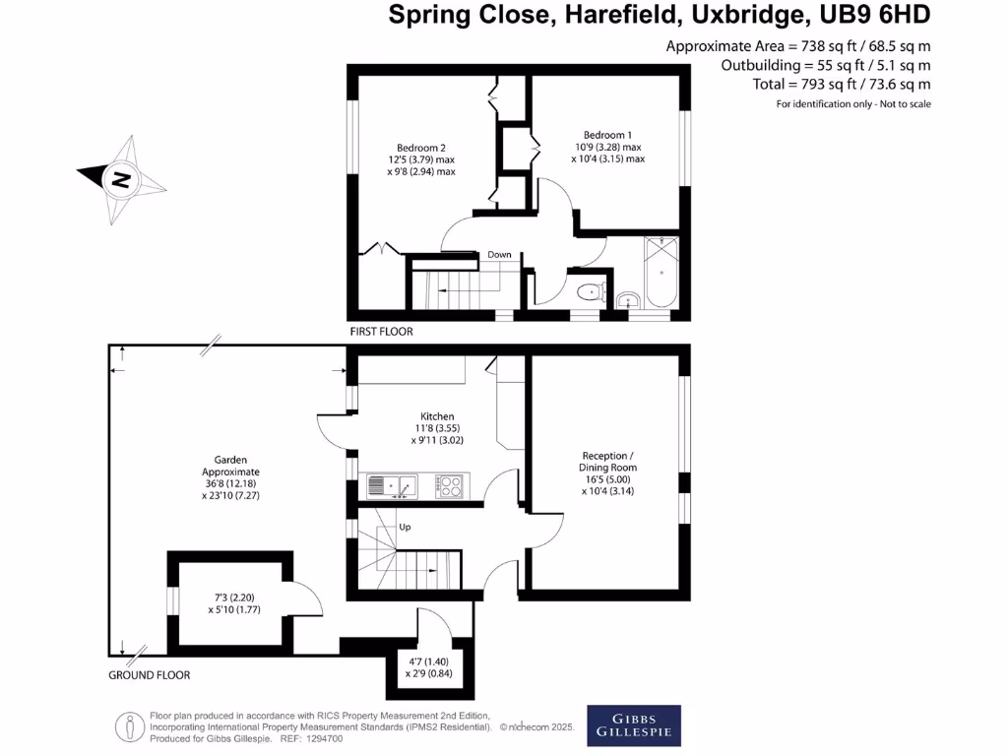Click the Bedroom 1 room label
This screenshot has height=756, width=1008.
[x=607, y=135]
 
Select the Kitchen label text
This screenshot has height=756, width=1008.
[x=437, y=416]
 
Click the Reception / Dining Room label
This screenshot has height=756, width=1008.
[x=607, y=461]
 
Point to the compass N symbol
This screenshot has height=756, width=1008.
[x=120, y=179]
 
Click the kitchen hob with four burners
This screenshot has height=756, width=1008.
[x=450, y=484]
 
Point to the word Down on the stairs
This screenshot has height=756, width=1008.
[x=499, y=255]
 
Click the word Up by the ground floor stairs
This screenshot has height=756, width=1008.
[x=405, y=528]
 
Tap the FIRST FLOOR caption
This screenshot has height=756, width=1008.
[x=381, y=332]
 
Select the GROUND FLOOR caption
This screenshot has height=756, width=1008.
[x=149, y=675]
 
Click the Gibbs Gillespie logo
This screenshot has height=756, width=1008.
[x=634, y=725]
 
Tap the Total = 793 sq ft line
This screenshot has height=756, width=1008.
[x=842, y=85]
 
